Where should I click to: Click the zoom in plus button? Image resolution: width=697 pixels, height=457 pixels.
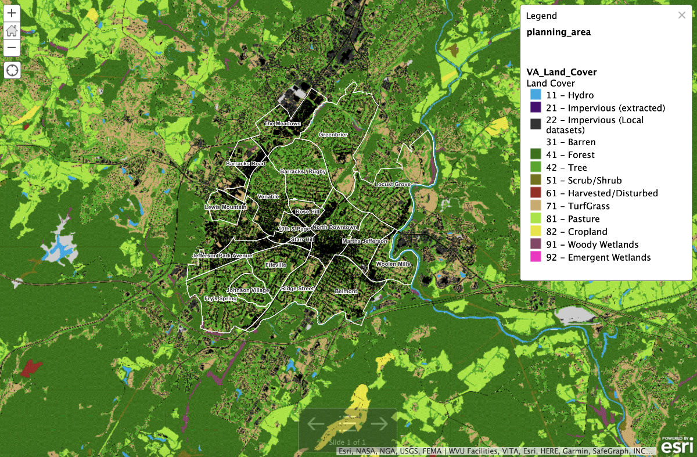(x=12, y=13)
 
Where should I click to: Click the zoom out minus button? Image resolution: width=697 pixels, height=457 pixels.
(x=12, y=48)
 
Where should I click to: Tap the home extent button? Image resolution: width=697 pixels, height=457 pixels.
(x=12, y=30)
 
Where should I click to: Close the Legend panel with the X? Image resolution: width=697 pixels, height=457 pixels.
(x=681, y=16)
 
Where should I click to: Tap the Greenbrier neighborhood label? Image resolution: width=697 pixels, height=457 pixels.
(x=333, y=135)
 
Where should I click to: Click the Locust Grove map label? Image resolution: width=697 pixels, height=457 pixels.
(x=392, y=184)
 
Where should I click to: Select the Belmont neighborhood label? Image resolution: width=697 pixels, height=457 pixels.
(x=346, y=292)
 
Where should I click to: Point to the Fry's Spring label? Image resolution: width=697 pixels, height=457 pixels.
(x=220, y=298)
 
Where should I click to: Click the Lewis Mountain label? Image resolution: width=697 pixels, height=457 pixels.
(x=225, y=207)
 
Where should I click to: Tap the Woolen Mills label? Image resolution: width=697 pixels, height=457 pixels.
(x=393, y=264)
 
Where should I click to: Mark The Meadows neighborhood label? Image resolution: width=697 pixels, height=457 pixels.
(x=282, y=124)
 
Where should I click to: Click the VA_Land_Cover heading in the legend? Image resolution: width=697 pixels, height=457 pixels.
(x=561, y=72)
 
